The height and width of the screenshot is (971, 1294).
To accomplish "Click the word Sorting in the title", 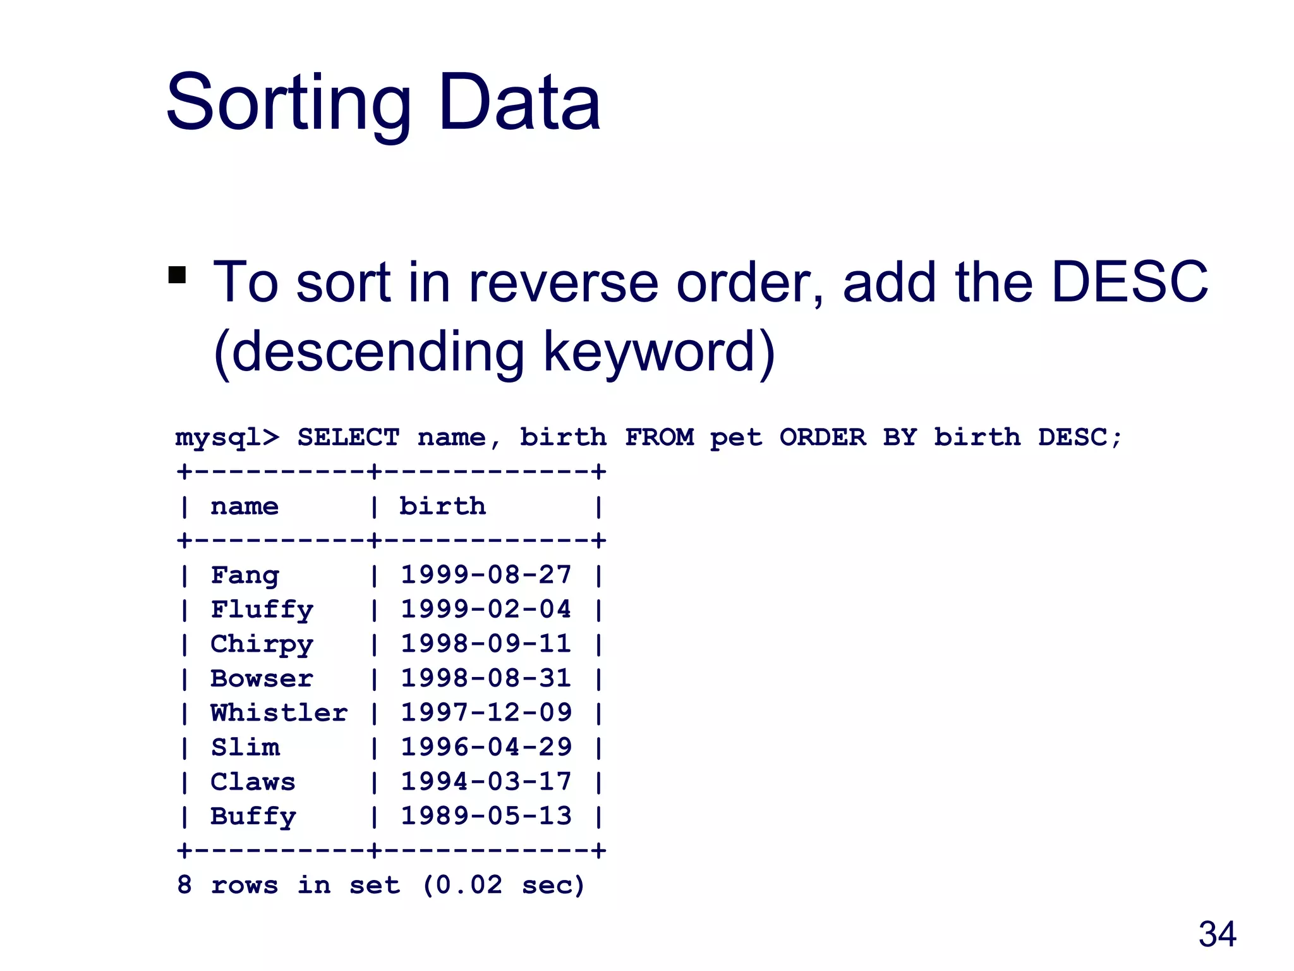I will pyautogui.click(x=288, y=104).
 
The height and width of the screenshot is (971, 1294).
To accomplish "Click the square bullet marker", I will pyautogui.click(x=178, y=275).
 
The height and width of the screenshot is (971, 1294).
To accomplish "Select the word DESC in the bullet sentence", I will pyautogui.click(x=1129, y=282).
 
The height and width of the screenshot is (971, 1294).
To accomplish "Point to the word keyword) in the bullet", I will pyautogui.click(x=659, y=351).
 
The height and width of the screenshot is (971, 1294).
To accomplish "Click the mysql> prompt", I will pyautogui.click(x=227, y=437).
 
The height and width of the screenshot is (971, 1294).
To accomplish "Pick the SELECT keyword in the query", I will pyautogui.click(x=348, y=437).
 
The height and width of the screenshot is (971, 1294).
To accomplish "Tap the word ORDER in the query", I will pyautogui.click(x=822, y=437).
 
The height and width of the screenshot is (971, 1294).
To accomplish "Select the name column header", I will pyautogui.click(x=245, y=506).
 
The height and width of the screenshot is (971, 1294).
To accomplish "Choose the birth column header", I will pyautogui.click(x=442, y=506).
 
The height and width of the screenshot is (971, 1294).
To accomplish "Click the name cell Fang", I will pyautogui.click(x=245, y=575).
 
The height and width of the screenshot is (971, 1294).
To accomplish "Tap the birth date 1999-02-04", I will pyautogui.click(x=486, y=609).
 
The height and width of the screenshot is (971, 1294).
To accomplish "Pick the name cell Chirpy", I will pyautogui.click(x=262, y=644).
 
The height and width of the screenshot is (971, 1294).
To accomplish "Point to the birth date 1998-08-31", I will pyautogui.click(x=486, y=678).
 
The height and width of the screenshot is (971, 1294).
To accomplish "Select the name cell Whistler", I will pyautogui.click(x=279, y=713).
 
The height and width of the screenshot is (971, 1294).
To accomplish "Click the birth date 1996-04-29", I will pyautogui.click(x=486, y=747).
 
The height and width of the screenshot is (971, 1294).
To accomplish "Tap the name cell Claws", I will pyautogui.click(x=253, y=782).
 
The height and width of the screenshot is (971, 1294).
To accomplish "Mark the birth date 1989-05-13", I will pyautogui.click(x=486, y=816).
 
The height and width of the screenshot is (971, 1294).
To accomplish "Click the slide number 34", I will pyautogui.click(x=1217, y=934).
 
